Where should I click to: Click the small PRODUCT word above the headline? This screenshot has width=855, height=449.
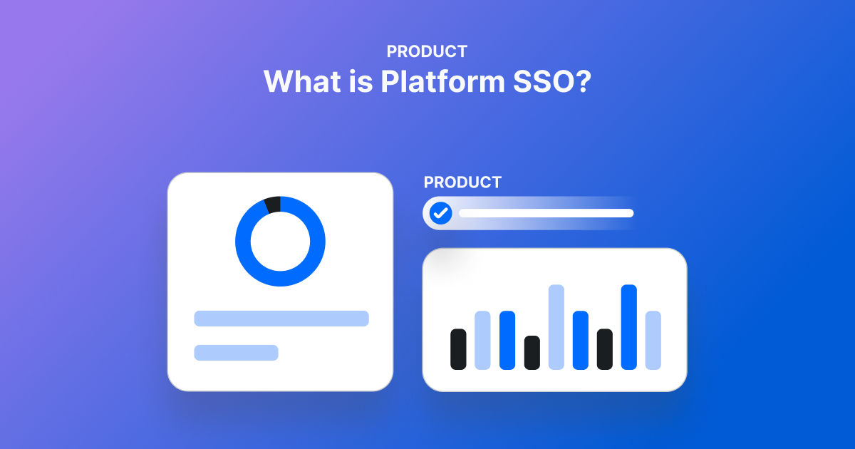pyautogui.click(x=427, y=51)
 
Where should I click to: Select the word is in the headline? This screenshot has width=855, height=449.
pyautogui.click(x=361, y=81)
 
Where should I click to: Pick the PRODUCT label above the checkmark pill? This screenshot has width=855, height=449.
pyautogui.click(x=462, y=182)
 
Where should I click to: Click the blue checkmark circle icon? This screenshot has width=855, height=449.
pyautogui.click(x=441, y=212)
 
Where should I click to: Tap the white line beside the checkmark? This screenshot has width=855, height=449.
pyautogui.click(x=546, y=212)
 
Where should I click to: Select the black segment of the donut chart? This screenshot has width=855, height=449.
pyautogui.click(x=272, y=205)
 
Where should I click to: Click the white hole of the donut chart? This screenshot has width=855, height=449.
pyautogui.click(x=280, y=242)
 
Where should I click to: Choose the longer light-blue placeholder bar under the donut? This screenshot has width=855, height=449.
pyautogui.click(x=281, y=319)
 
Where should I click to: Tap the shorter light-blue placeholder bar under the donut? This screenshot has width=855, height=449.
pyautogui.click(x=236, y=353)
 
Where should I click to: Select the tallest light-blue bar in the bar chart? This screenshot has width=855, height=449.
pyautogui.click(x=556, y=327)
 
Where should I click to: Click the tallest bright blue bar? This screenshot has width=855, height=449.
pyautogui.click(x=628, y=327)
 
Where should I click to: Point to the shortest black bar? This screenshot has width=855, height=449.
pyautogui.click(x=532, y=353)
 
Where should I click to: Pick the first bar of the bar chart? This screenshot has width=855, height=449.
pyautogui.click(x=458, y=349)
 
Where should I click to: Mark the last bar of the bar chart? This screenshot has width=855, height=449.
pyautogui.click(x=653, y=340)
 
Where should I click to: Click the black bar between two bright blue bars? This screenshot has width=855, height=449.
pyautogui.click(x=604, y=349)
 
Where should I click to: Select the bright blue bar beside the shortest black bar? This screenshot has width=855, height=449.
pyautogui.click(x=507, y=340)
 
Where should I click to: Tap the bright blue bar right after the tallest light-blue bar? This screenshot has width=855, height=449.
pyautogui.click(x=580, y=340)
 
